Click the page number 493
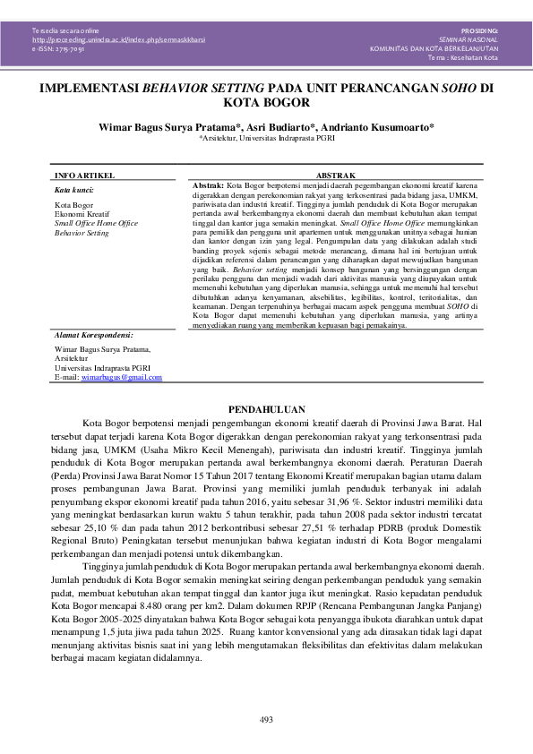266,720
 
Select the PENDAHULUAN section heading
266,407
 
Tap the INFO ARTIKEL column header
81,176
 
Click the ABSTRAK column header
337,176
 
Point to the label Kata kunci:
73,190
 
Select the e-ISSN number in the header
58,49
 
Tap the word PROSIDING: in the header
480,30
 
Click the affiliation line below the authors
266,139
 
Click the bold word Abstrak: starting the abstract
210,184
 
